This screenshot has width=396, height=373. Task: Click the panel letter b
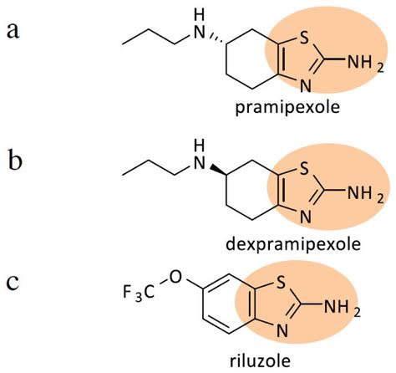[15, 160]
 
